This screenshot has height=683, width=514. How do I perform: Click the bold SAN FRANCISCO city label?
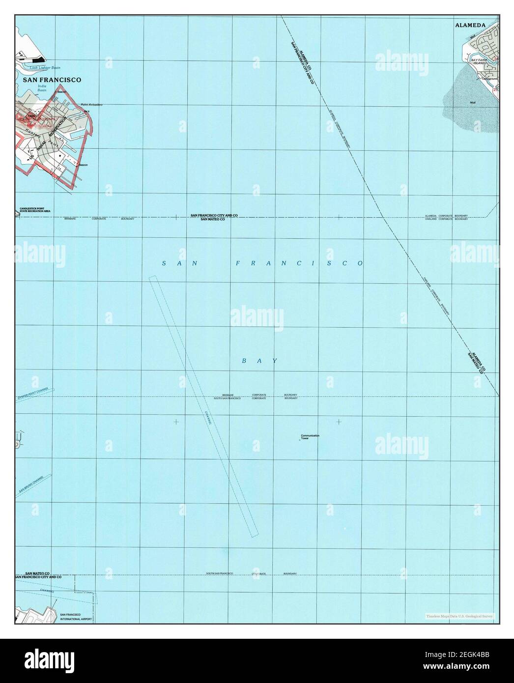(52, 79)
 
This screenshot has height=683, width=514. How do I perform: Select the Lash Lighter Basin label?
(45, 68)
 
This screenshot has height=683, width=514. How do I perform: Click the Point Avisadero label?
(91, 105)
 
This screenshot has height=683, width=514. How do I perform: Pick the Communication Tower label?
(310, 436)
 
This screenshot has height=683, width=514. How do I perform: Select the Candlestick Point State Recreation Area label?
(35, 210)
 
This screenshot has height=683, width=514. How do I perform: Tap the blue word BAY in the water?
(260, 361)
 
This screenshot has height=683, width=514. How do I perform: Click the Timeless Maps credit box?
(460, 616)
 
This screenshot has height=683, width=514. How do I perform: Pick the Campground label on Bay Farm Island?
(489, 79)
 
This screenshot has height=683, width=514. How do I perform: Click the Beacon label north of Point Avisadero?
(61, 92)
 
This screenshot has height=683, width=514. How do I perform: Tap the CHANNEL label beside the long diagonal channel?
(209, 418)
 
